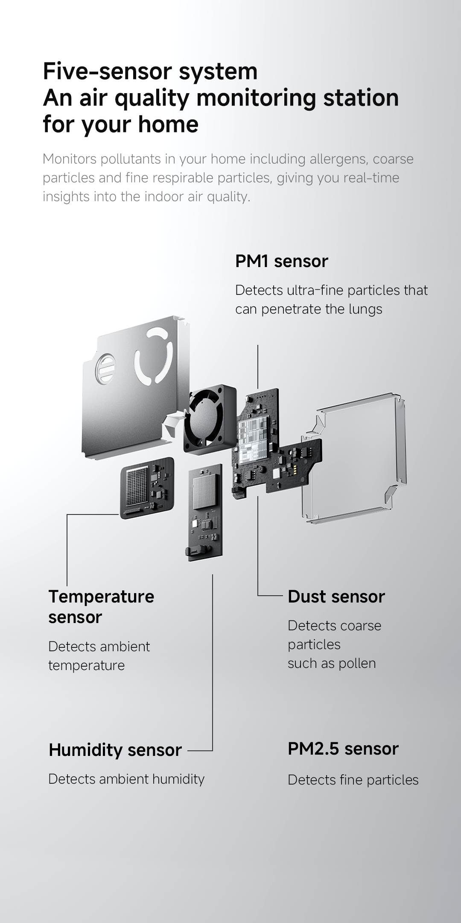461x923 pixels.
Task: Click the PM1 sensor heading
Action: [281, 261]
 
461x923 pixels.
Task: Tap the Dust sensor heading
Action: [336, 597]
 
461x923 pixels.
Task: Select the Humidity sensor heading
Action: [115, 750]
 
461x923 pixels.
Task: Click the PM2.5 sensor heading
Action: [343, 749]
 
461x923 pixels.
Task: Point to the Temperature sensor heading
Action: [101, 606]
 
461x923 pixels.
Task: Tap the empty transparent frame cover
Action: [354, 457]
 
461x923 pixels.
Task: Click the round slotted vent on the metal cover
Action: [105, 367]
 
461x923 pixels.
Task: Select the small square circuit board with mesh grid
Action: [147, 487]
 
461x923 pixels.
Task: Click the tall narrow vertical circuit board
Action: [205, 513]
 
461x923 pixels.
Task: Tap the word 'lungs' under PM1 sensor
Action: [365, 309]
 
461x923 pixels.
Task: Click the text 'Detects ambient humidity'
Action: [126, 779]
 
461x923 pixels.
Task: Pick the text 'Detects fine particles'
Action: [353, 780]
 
